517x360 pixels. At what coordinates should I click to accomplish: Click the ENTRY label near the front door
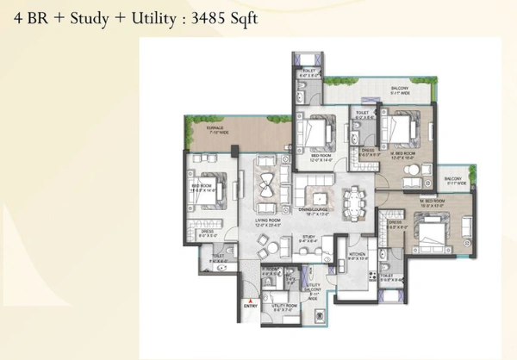click(252, 306)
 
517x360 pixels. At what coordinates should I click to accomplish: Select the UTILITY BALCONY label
click(312, 288)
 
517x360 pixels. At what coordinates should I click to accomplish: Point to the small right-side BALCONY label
click(454, 179)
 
